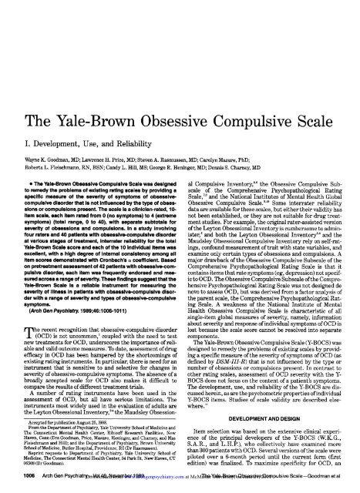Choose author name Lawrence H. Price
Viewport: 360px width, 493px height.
[x=113, y=122]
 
